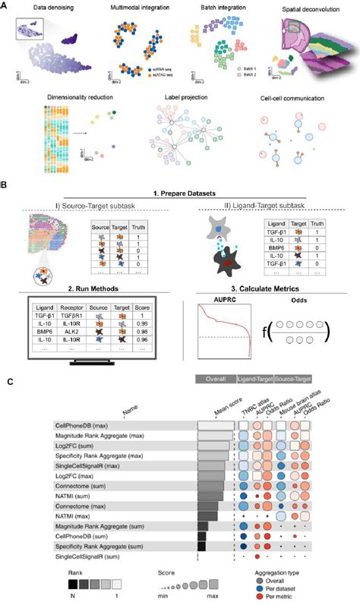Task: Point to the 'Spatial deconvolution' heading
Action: (312, 11)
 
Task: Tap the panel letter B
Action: (5, 184)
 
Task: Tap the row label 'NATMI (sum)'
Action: (73, 496)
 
